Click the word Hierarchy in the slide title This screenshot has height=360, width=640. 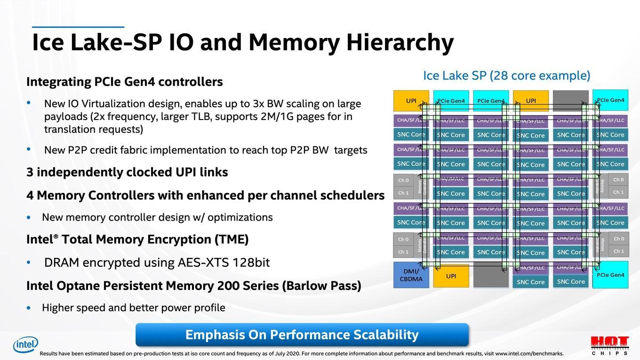pos(400,43)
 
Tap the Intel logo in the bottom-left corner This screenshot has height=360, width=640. pos(25,345)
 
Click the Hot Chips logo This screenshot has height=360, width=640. pos(609,345)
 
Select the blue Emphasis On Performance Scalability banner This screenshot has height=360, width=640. pos(302,335)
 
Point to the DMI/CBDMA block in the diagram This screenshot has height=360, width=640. pos(411,275)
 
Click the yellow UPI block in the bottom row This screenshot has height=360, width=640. pos(451,276)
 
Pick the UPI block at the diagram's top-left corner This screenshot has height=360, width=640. pos(411,101)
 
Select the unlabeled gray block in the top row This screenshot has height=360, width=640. pos(570,101)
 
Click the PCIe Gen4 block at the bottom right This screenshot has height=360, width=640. pos(610,275)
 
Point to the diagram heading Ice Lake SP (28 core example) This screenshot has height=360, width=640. pos(506,76)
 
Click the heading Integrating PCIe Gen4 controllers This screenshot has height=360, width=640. pos(124,82)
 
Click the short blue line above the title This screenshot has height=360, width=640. pos(78,27)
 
